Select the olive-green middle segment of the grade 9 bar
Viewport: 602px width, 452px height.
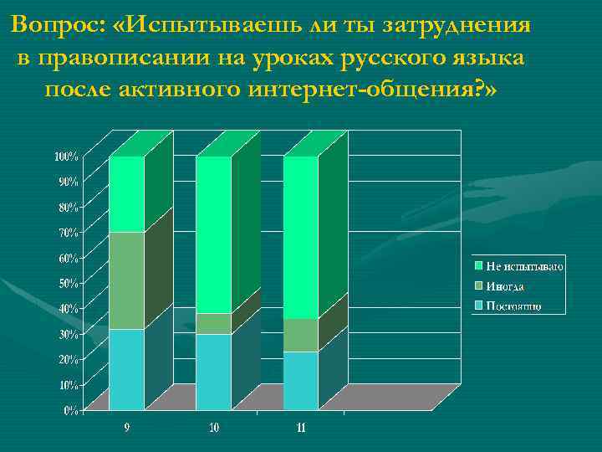point(126,280)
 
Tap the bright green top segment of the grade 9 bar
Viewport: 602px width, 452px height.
point(126,194)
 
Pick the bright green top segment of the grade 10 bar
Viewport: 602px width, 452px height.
point(213,234)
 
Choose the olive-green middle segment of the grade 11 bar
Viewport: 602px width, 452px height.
point(300,335)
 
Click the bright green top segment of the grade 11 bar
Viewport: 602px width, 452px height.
point(300,238)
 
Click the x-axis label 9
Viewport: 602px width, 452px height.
point(126,428)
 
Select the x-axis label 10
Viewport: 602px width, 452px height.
point(214,428)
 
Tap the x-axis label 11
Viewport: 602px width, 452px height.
point(301,428)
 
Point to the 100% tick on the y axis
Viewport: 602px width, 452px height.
point(66,156)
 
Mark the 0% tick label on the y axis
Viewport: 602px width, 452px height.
point(71,410)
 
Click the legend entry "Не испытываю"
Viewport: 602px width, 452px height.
point(524,266)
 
